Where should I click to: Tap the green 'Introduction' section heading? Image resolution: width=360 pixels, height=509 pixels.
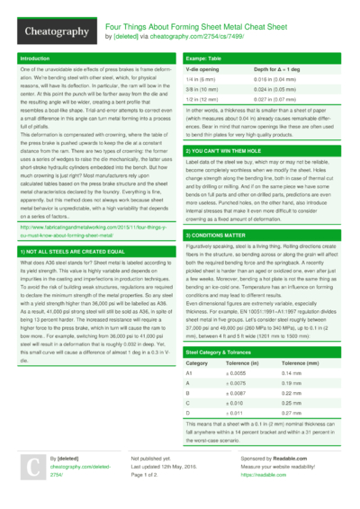pyautogui.click(x=35, y=58)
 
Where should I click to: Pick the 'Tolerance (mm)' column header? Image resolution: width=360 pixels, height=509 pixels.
pyautogui.click(x=301, y=388)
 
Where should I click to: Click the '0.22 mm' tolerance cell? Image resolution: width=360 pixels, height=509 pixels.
pyautogui.click(x=292, y=420)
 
